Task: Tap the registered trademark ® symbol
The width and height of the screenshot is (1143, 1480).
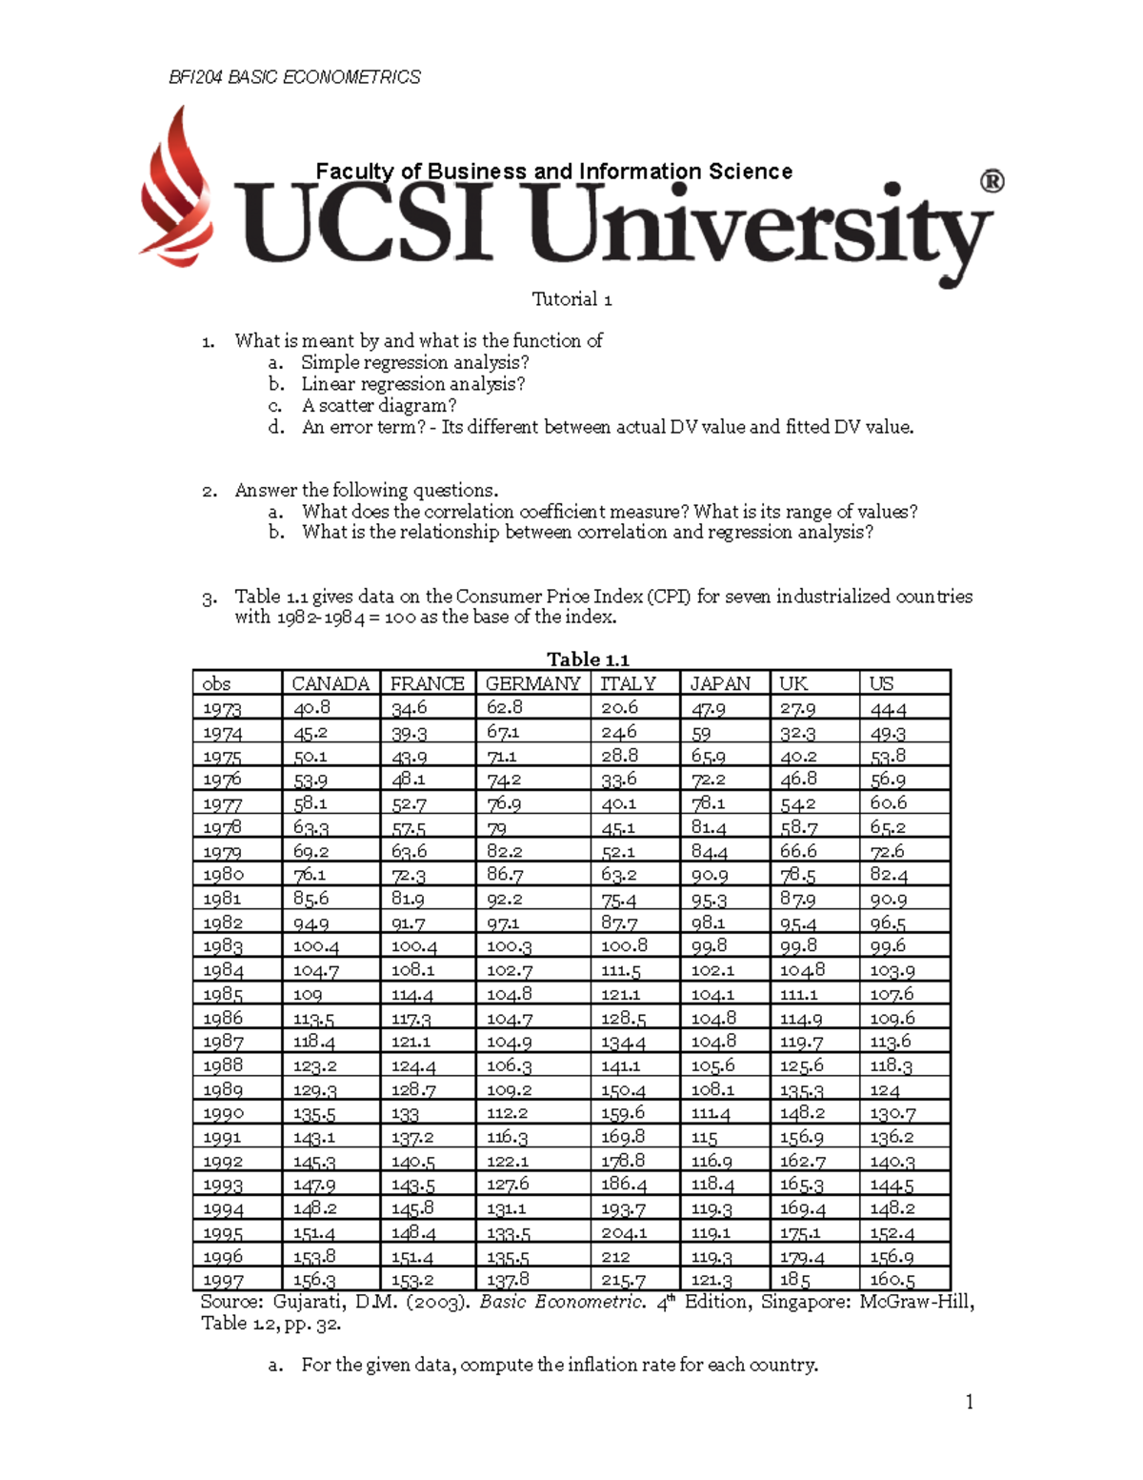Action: click(992, 181)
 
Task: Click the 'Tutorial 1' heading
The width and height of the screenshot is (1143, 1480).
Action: click(571, 299)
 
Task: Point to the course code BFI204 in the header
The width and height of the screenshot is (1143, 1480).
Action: click(195, 77)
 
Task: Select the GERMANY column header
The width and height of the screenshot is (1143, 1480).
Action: click(532, 683)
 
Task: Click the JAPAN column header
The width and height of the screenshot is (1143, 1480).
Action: click(720, 683)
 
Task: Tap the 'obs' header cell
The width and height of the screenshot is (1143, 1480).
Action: click(216, 683)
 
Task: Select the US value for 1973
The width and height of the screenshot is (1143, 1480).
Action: click(888, 708)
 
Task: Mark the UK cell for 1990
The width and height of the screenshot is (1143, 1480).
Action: click(802, 1113)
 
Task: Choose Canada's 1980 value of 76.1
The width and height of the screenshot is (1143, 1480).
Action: click(310, 875)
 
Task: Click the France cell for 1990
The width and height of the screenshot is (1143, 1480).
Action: click(405, 1113)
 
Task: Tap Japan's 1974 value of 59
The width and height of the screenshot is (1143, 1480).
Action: click(701, 733)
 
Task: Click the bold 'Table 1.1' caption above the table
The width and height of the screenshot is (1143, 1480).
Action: click(588, 659)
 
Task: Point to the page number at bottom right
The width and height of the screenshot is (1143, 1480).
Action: click(969, 1401)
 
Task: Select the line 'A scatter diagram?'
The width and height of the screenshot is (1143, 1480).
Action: click(379, 406)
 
